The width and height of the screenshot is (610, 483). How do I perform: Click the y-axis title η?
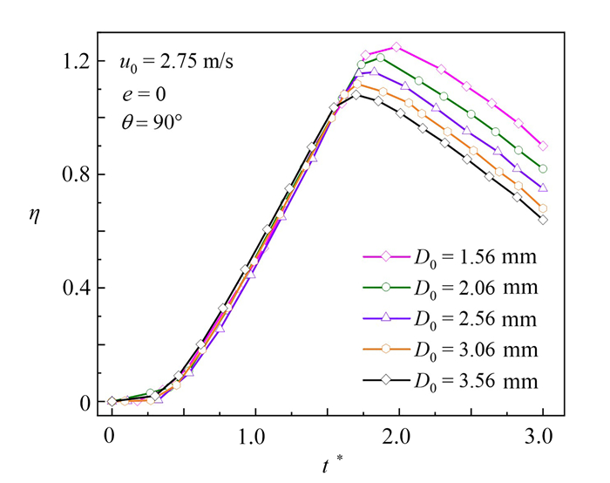34,230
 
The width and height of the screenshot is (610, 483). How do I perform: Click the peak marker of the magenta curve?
396,47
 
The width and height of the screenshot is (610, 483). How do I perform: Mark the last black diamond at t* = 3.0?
543,220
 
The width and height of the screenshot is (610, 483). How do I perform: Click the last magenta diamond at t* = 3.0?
543,146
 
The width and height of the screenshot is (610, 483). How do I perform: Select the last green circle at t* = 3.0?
543,168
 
